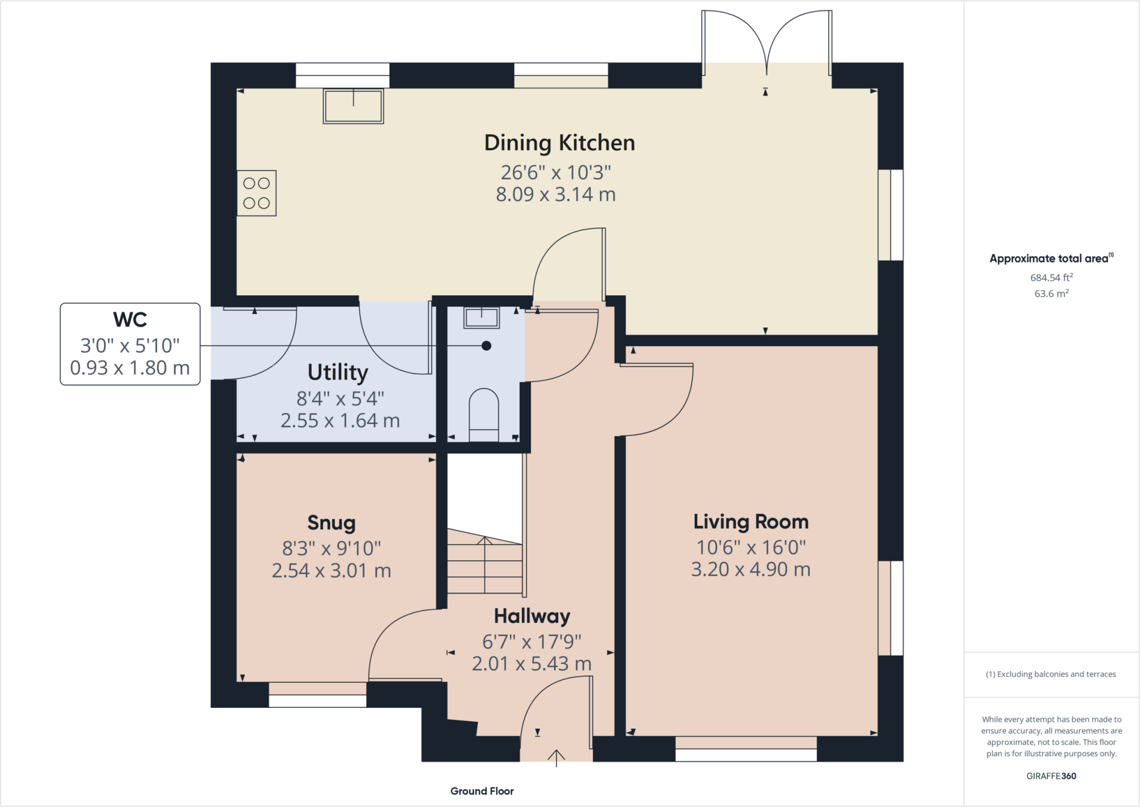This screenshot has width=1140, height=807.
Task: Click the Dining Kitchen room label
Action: (x=559, y=143)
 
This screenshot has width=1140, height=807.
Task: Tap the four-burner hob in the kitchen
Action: (x=257, y=193)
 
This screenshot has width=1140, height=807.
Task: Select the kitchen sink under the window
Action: (x=353, y=106)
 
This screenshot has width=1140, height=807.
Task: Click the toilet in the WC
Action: (x=484, y=415)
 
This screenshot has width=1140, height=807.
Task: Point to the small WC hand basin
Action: (x=481, y=317)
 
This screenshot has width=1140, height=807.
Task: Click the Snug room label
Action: (x=331, y=523)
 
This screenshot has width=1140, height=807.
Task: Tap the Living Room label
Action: (x=751, y=522)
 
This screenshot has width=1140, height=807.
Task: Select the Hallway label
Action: (x=532, y=617)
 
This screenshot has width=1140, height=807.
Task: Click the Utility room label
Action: (x=338, y=372)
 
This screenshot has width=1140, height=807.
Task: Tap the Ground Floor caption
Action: (x=482, y=791)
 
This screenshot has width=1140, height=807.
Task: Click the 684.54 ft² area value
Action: (x=1051, y=277)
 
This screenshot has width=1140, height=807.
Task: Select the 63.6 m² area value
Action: (x=1051, y=294)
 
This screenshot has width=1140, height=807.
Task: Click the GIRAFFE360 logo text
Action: (x=1051, y=776)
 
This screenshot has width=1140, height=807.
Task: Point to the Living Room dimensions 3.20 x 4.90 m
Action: (x=751, y=570)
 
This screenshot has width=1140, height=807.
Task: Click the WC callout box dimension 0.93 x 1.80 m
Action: (x=130, y=368)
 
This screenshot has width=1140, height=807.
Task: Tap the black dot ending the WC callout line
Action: (x=487, y=346)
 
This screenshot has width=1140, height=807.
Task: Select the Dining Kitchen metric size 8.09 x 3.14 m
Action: (x=556, y=194)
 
